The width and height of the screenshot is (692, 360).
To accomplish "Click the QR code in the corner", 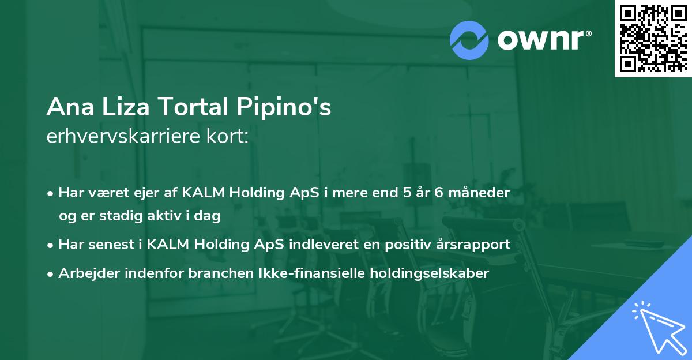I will coord(653,39).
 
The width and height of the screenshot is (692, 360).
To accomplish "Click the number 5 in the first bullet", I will coord(407,193).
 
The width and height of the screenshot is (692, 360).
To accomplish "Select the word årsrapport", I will coord(476,245).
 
